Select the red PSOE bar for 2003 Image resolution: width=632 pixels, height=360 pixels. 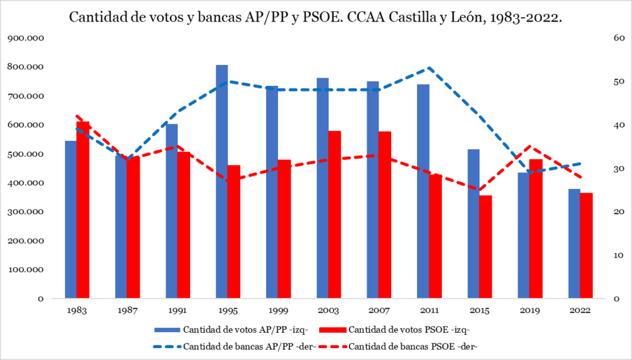click(334, 215)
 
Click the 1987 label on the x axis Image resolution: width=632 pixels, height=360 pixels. click(127, 310)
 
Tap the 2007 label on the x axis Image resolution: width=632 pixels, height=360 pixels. click(379, 310)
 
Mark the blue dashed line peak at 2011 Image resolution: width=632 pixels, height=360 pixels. click(428, 68)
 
